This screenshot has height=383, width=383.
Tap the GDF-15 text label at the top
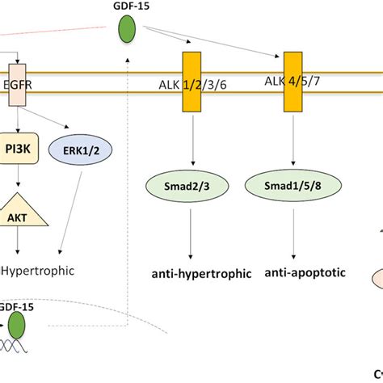point(127,7)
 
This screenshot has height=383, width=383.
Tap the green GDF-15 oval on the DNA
point(16,326)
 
